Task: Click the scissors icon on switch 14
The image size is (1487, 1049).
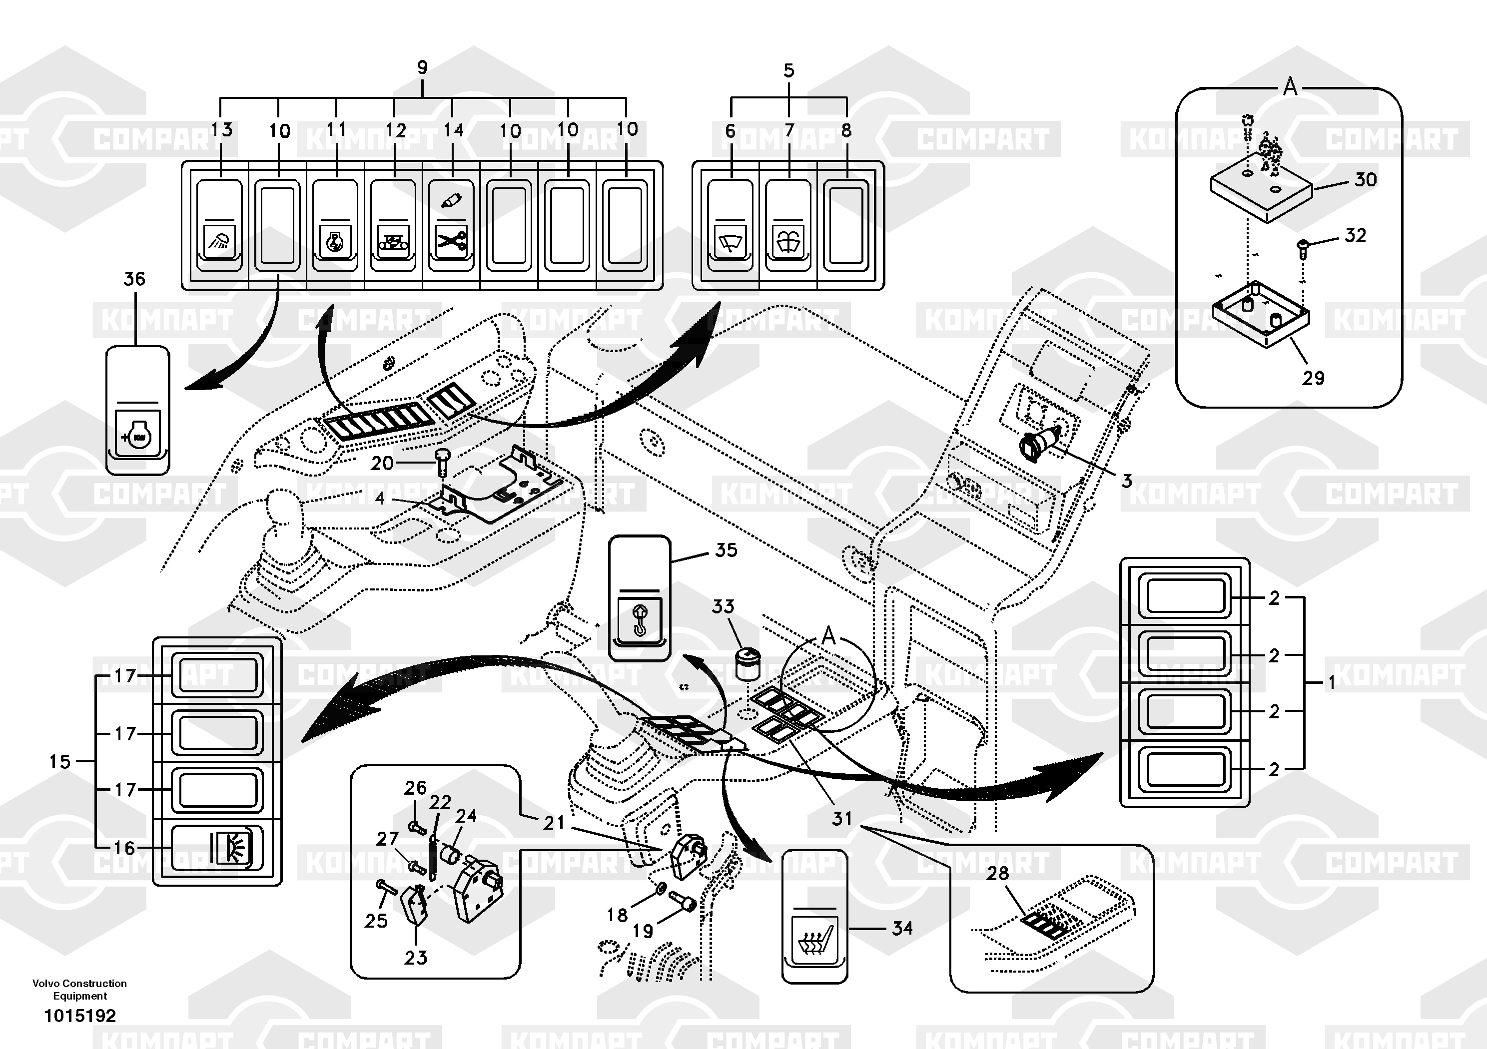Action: pos(451,242)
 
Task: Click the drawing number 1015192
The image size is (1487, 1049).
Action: pos(79,1016)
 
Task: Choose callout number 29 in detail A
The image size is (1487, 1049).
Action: pos(1313,378)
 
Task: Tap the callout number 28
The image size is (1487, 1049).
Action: pos(997,874)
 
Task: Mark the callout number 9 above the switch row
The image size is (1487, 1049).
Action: pos(422,67)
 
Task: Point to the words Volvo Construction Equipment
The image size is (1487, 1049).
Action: pos(79,990)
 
